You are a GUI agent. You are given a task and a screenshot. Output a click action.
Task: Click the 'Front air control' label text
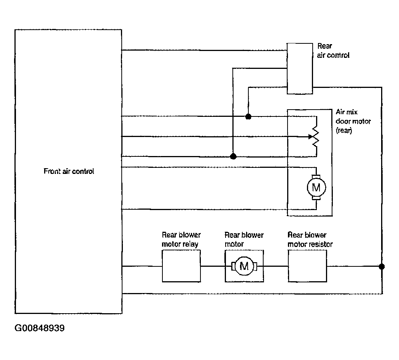(69, 171)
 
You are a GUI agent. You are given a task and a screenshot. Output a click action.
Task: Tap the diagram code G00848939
(40, 328)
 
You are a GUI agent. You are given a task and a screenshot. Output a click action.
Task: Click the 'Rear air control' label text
(333, 51)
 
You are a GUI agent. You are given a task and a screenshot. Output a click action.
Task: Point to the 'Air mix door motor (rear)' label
(353, 121)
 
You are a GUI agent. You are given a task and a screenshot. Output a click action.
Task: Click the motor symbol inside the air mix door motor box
(316, 188)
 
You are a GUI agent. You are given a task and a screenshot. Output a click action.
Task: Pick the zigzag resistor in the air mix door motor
(316, 137)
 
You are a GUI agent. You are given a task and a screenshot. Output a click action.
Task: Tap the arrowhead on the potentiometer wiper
(310, 137)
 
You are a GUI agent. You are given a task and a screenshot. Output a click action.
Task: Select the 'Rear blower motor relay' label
(181, 239)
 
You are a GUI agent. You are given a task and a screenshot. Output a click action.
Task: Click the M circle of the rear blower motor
(244, 266)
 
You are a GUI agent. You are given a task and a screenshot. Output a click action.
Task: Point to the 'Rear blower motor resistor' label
(310, 239)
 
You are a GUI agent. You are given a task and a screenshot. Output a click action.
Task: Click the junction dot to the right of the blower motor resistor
(382, 266)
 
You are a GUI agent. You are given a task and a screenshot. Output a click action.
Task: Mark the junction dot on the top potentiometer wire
(248, 116)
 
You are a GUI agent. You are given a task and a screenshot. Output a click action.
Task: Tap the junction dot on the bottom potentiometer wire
(233, 156)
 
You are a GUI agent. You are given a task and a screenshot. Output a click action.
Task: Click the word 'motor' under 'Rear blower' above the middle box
(234, 244)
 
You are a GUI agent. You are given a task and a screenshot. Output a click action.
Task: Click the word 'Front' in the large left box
(52, 171)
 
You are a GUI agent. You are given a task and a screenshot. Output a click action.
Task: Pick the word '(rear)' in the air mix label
(344, 131)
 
